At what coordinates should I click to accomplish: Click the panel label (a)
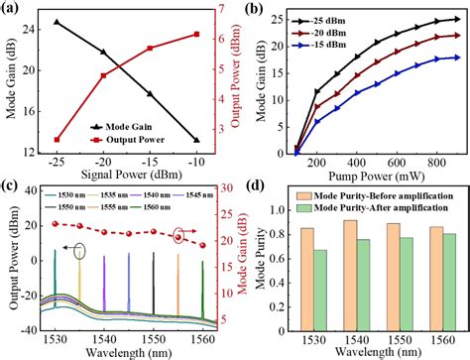(x=13, y=9)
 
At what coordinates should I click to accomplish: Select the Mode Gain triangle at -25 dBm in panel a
(x=57, y=22)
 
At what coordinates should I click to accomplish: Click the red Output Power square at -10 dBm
(x=197, y=35)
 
